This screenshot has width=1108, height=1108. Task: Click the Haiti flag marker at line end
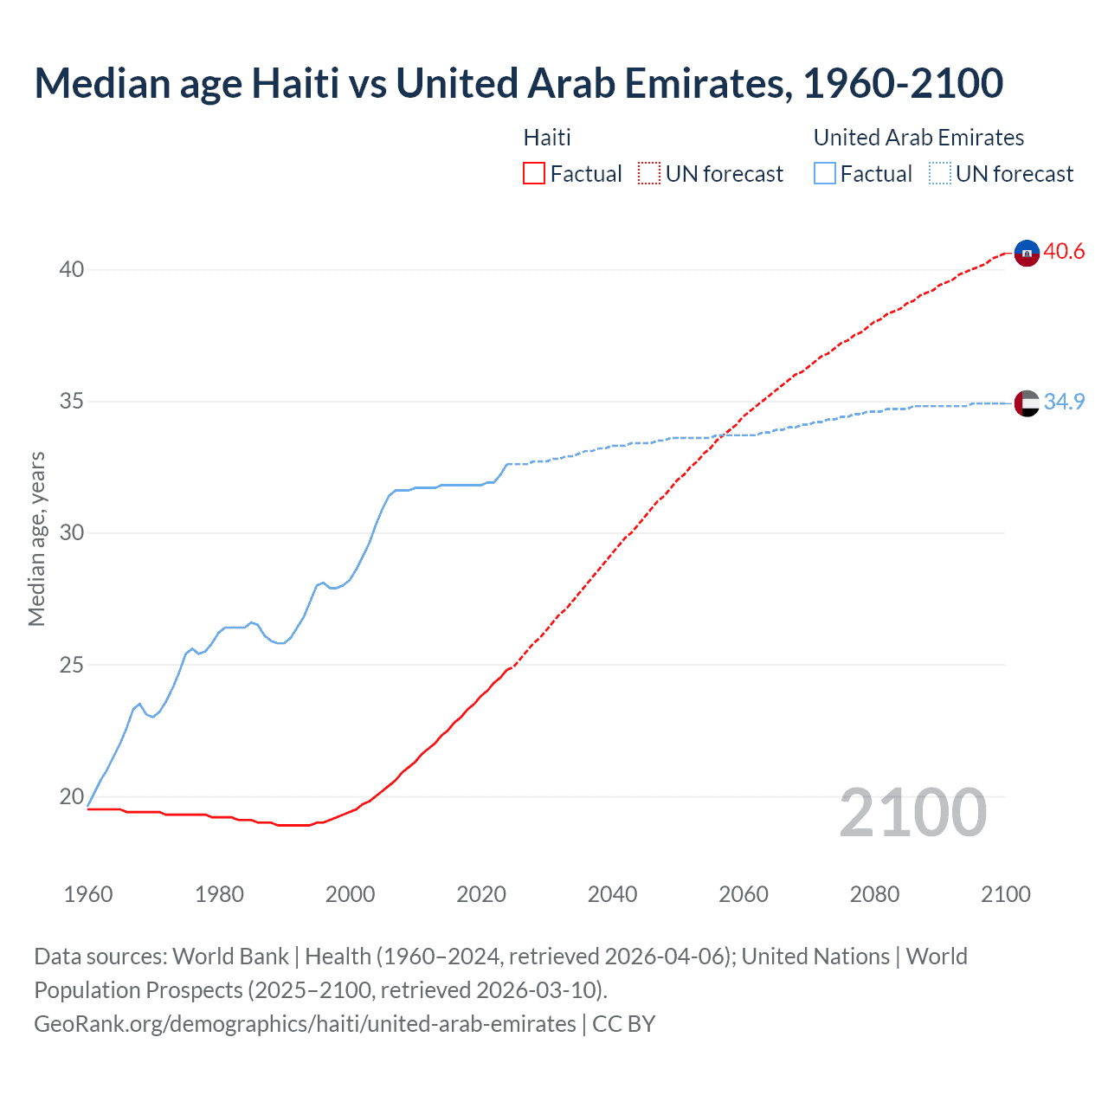[1026, 253]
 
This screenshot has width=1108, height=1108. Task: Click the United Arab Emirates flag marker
[1026, 403]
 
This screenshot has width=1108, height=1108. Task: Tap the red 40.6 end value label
[1064, 252]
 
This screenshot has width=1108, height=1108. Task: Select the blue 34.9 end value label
[1064, 402]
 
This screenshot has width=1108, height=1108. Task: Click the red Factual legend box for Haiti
[534, 174]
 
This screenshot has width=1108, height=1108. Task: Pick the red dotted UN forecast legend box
[649, 174]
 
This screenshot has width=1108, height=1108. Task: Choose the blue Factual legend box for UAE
[825, 174]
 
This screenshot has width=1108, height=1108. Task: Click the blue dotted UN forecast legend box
[940, 174]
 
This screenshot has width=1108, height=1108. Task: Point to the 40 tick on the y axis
[72, 269]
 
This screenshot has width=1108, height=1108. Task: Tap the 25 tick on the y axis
[72, 665]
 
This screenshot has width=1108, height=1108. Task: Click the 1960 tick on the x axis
[88, 894]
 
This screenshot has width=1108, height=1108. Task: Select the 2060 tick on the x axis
[744, 894]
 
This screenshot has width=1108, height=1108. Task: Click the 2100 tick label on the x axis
[1005, 894]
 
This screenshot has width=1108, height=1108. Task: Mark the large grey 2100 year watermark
[913, 813]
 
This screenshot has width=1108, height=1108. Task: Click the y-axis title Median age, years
[36, 538]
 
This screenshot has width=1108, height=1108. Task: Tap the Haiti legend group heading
[547, 138]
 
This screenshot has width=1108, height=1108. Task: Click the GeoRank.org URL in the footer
[305, 1024]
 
